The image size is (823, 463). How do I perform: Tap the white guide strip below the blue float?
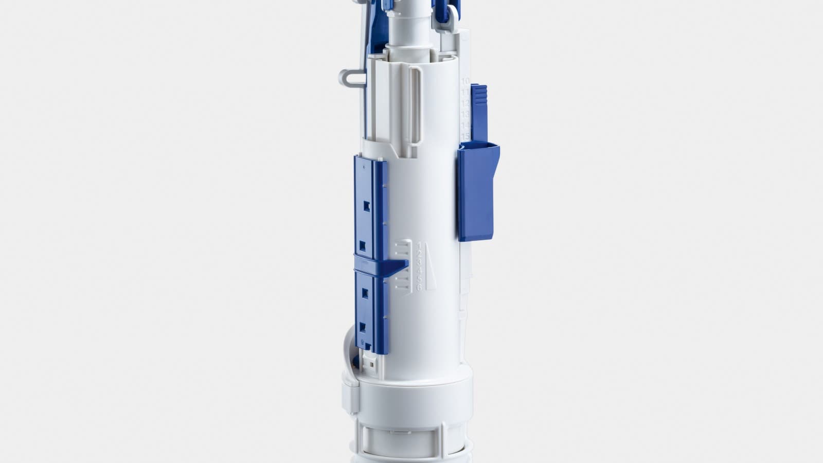coord(466,273)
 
